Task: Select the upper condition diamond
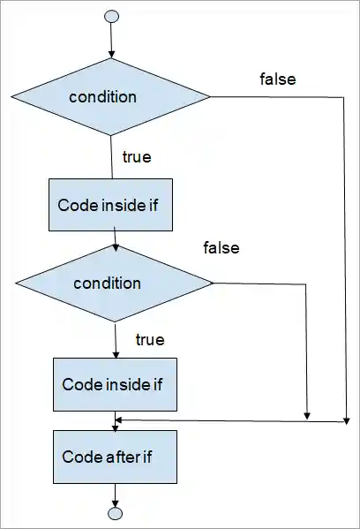(x=110, y=96)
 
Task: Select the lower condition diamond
(x=116, y=283)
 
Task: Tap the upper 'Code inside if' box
(x=109, y=205)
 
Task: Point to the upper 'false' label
(x=277, y=79)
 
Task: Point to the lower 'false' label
(x=221, y=248)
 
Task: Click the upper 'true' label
(x=136, y=158)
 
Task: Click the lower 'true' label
(x=149, y=338)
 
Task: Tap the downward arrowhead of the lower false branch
(x=307, y=414)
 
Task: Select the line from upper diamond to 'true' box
(x=111, y=156)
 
